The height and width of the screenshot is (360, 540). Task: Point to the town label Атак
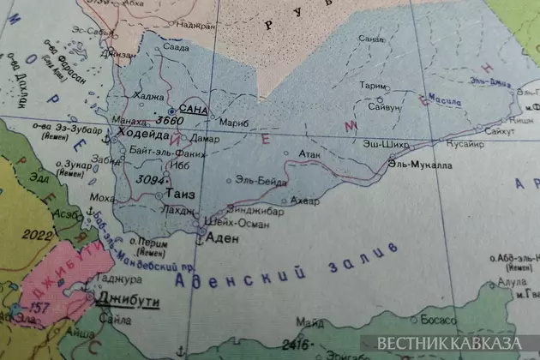click(x=309, y=154)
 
